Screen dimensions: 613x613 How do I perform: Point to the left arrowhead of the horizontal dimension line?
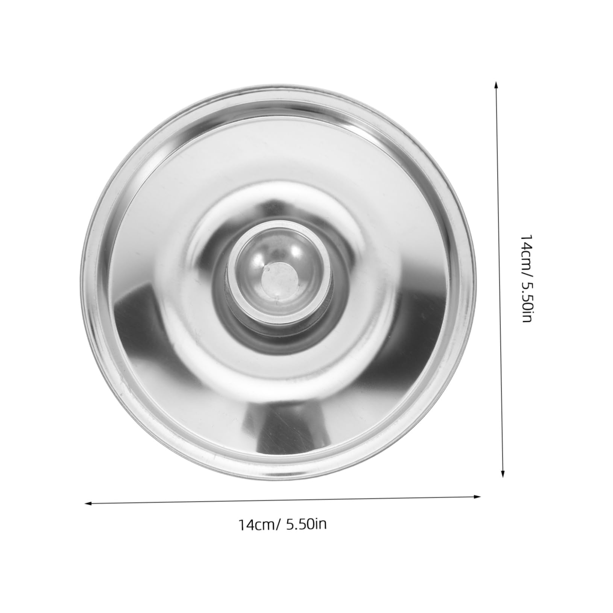click(x=91, y=502)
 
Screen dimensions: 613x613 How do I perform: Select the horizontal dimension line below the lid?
click(x=283, y=499)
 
